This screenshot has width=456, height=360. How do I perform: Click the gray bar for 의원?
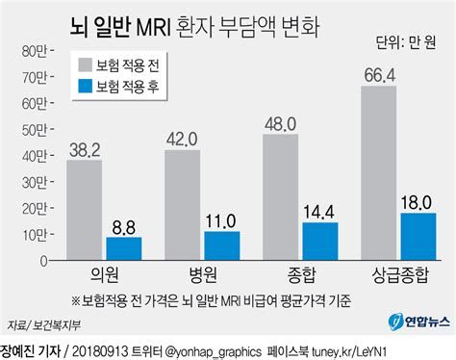pos(85,211)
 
